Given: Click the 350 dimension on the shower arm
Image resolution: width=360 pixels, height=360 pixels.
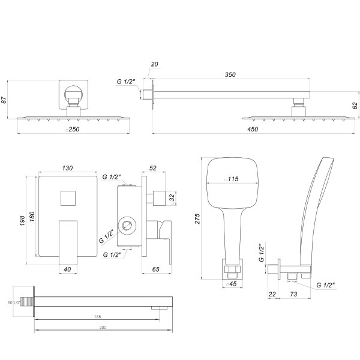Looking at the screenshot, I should (230, 75).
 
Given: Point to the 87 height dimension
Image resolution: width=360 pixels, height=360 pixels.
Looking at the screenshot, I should (5, 100).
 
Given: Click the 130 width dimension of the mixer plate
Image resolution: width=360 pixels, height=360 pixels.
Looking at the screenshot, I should (68, 170).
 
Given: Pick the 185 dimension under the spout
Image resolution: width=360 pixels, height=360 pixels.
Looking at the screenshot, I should (97, 316).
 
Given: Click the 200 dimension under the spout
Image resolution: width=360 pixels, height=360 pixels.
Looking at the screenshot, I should (103, 328).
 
